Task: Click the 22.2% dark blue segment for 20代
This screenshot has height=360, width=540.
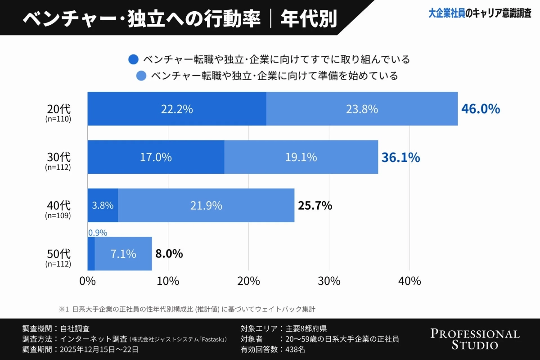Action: tap(177, 109)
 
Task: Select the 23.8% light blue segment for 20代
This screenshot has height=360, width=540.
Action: tap(362, 109)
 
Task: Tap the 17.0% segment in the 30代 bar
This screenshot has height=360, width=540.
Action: tap(156, 157)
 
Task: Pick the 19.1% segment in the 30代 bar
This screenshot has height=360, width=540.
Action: tap(301, 157)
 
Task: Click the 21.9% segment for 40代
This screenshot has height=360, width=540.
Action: tap(206, 206)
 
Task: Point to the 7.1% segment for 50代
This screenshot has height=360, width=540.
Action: tap(123, 254)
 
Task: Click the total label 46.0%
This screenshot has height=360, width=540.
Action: tap(481, 109)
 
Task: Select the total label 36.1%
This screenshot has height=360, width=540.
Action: tap(400, 157)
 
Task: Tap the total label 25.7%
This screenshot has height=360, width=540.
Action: tap(315, 206)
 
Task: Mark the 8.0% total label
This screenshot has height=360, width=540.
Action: tap(169, 254)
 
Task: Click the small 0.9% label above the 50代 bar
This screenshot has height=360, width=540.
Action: tap(97, 233)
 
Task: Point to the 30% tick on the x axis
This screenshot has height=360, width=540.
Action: tap(329, 281)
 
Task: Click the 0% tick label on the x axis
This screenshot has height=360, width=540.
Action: tap(87, 281)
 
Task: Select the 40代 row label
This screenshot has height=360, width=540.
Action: tap(58, 206)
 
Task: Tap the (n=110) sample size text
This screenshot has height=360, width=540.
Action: tap(58, 119)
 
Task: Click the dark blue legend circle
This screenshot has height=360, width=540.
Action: tap(133, 59)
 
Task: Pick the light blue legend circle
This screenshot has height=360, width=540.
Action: tap(141, 76)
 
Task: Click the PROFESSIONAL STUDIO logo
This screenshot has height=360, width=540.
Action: tap(475, 339)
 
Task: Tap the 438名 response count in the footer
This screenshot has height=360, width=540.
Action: tap(295, 349)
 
